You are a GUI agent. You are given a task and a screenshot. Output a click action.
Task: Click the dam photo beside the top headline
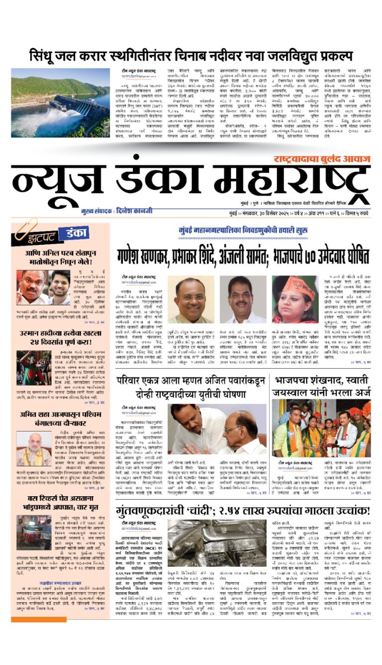(61, 103)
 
